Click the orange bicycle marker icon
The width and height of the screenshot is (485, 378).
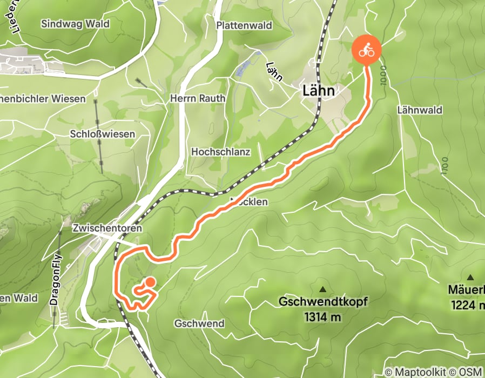(x=367, y=51)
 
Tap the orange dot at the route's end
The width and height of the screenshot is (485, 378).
(x=150, y=282)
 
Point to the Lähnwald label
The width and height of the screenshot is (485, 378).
(x=419, y=110)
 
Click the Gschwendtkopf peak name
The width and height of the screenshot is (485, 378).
(x=323, y=301)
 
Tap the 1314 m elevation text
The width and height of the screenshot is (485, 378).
(x=323, y=317)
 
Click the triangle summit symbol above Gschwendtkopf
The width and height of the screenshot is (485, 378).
(x=323, y=289)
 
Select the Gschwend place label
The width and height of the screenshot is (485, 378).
(x=199, y=323)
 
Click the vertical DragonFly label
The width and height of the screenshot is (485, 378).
(x=54, y=281)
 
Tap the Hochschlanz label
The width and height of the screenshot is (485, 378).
(x=220, y=152)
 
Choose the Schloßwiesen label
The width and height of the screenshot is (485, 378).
(x=103, y=133)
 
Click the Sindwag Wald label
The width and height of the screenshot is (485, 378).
(x=76, y=24)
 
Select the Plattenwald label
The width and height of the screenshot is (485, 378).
(x=244, y=25)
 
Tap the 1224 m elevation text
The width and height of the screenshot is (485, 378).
(x=468, y=305)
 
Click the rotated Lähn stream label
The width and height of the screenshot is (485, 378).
(x=274, y=71)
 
